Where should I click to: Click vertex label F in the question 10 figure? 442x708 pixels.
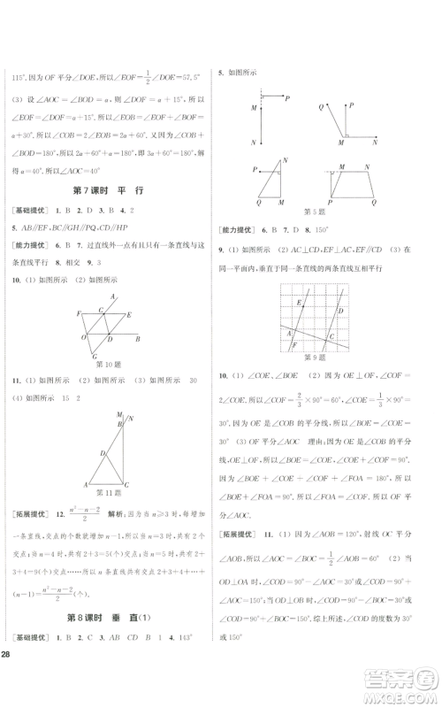78,313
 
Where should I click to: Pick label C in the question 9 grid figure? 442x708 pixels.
332,335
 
